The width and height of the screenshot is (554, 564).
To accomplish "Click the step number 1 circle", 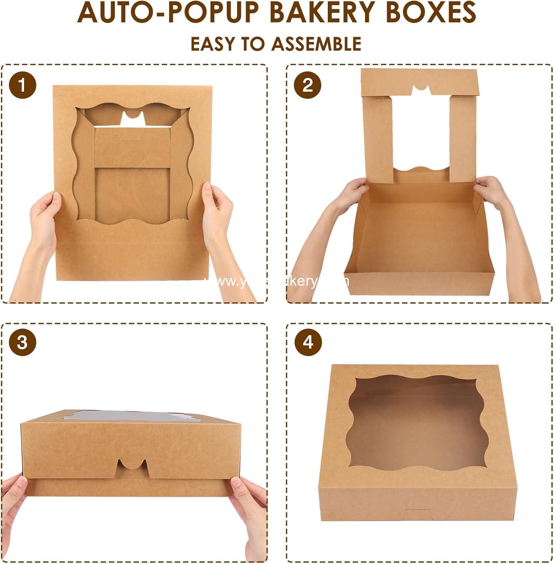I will (23, 85).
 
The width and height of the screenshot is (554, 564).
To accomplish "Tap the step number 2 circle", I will (308, 85).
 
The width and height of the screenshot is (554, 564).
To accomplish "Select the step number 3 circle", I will (23, 343).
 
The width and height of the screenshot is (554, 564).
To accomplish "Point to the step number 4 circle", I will (308, 343).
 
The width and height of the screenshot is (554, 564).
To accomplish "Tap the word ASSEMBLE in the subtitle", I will (317, 44).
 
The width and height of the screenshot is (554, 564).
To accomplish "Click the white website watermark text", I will (277, 281).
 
